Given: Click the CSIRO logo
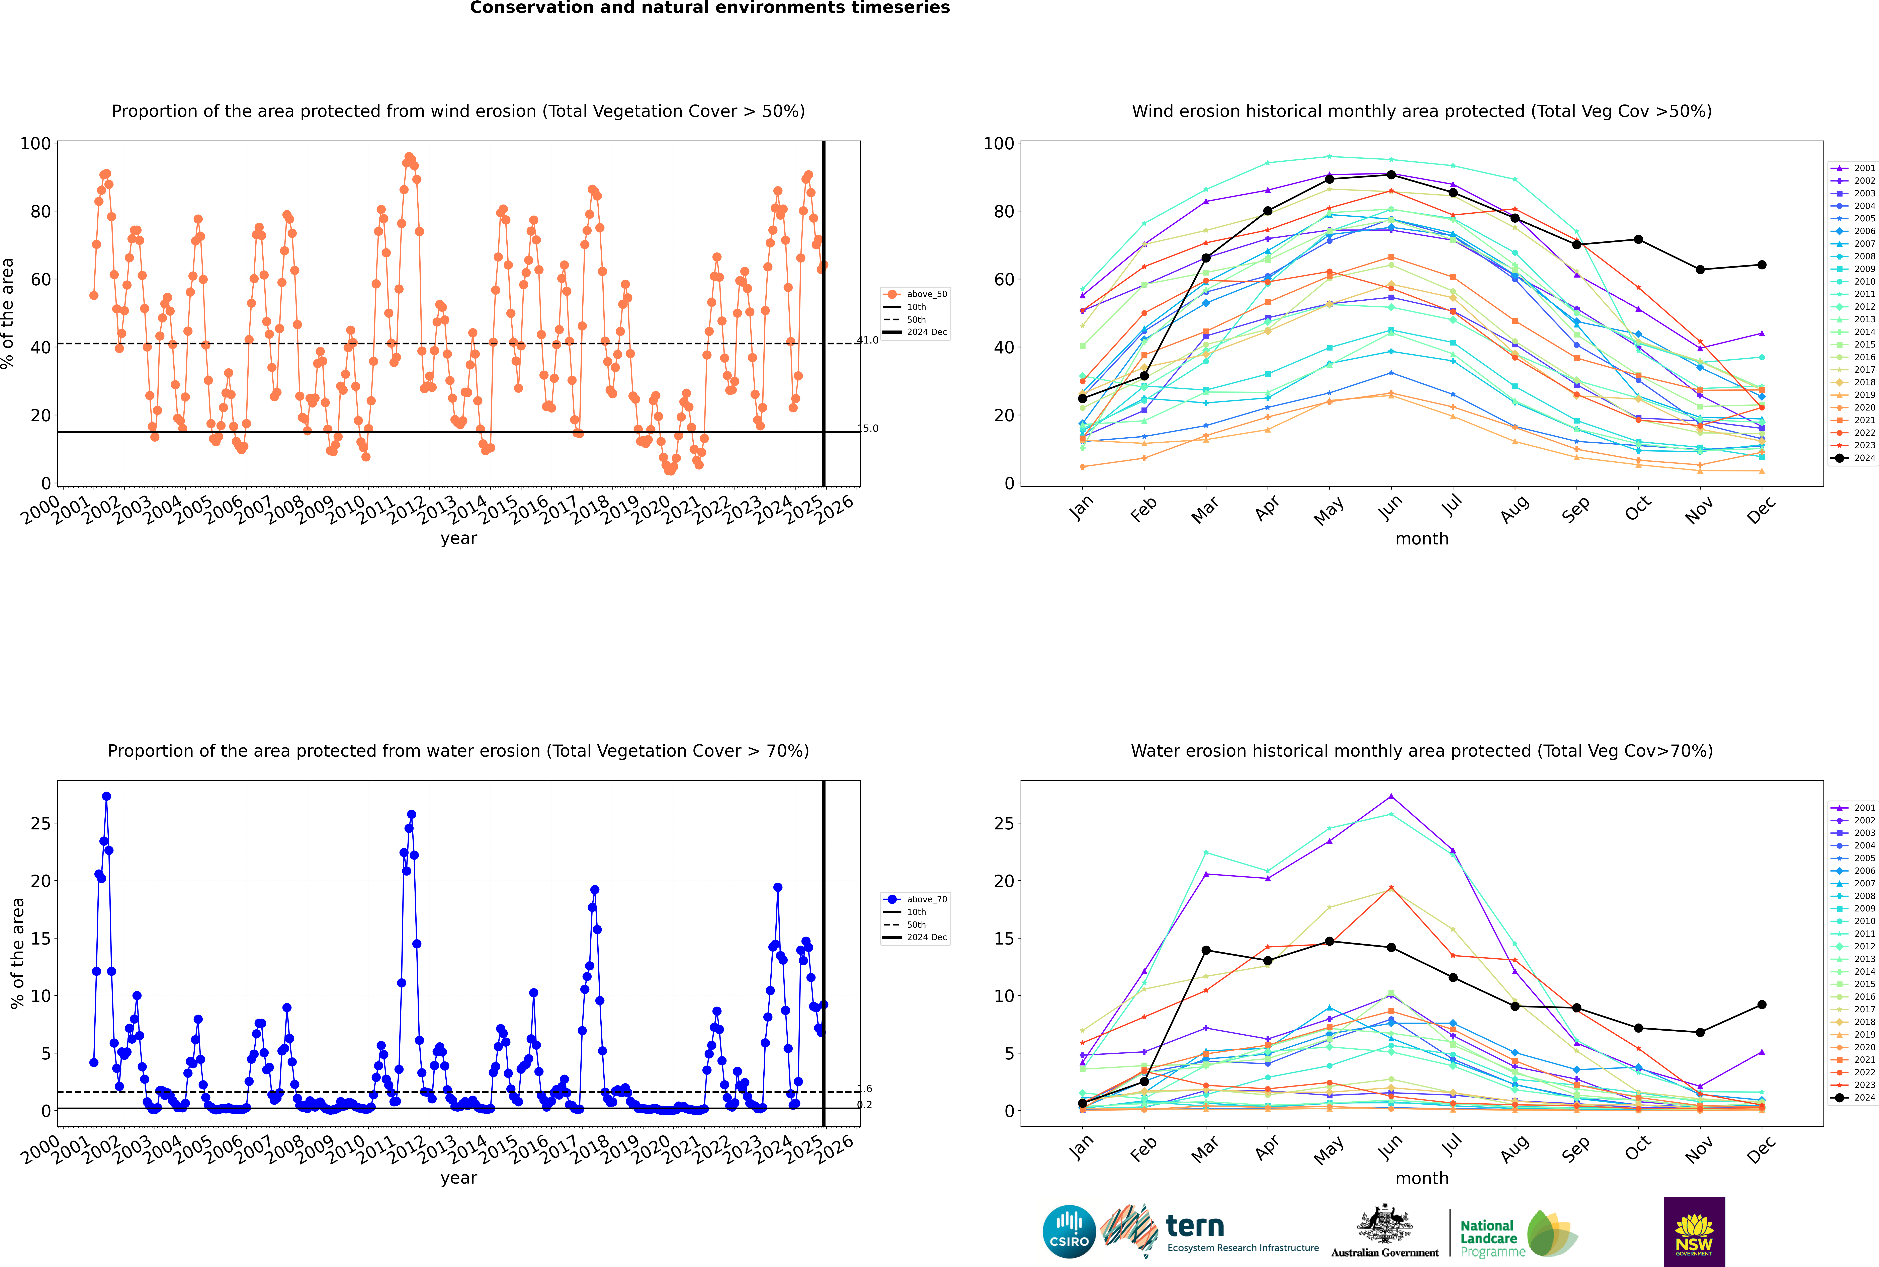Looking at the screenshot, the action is click(x=1069, y=1232).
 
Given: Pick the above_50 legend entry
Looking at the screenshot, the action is click(x=915, y=294).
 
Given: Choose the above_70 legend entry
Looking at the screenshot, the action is click(x=915, y=899).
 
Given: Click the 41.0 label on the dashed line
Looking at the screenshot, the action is click(x=868, y=340).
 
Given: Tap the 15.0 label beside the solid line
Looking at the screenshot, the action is click(x=868, y=428).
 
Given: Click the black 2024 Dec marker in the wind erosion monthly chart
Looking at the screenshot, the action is click(x=1762, y=265).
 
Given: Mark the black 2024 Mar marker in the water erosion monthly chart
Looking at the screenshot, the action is click(x=1206, y=950).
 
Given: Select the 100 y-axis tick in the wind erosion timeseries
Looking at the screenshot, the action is click(x=35, y=144).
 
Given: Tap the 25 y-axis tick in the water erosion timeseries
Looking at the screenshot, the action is click(x=40, y=823).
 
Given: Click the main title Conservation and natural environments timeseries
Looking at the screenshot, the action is click(x=710, y=8).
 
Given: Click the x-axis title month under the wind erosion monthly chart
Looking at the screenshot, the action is click(x=1422, y=539).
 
